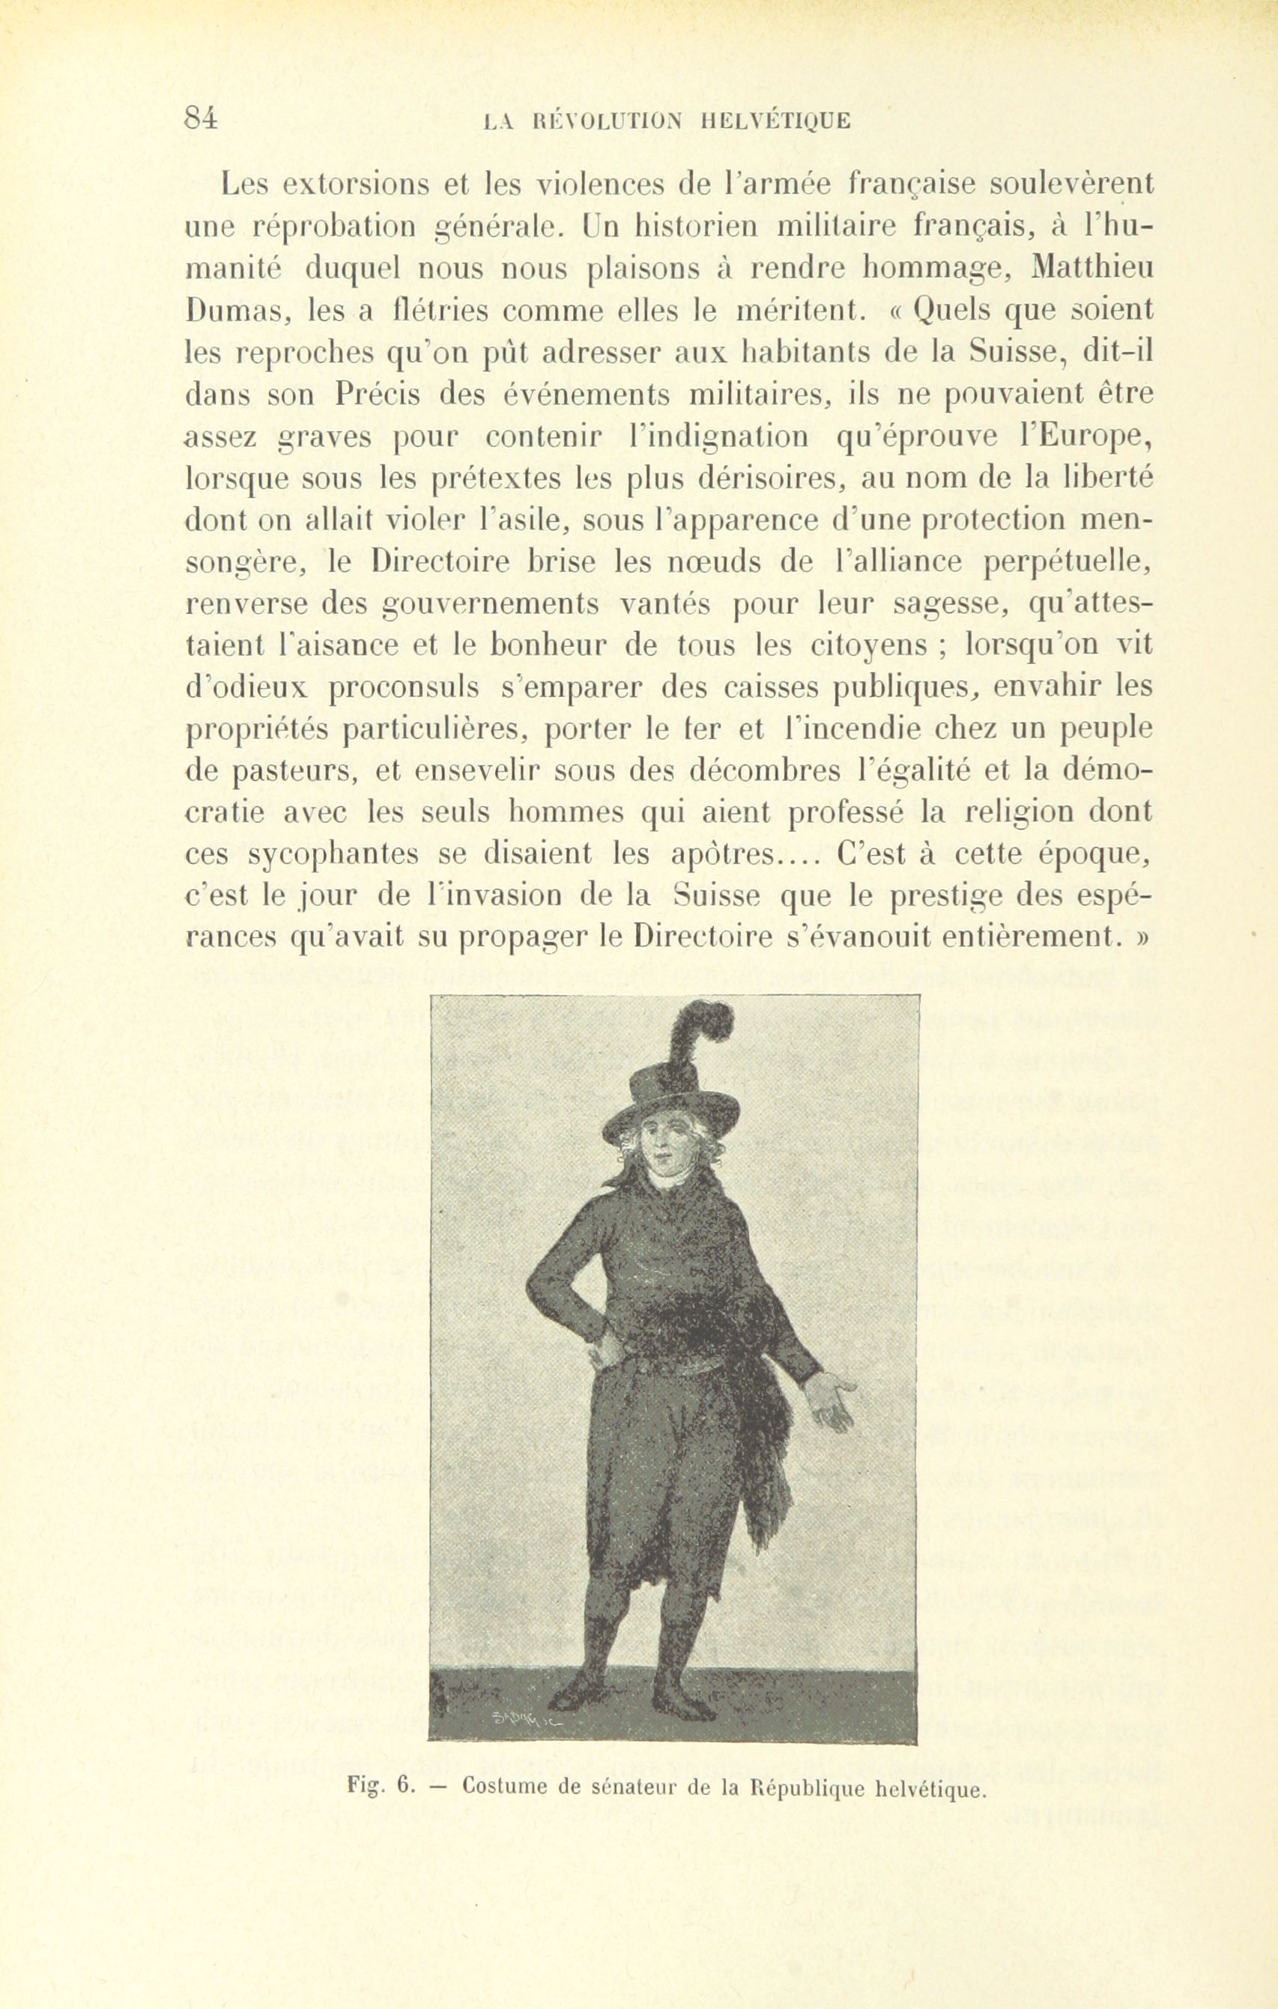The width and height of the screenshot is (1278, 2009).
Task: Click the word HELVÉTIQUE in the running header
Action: coord(775,121)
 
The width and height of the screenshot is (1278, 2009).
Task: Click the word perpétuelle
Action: coord(1068,562)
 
